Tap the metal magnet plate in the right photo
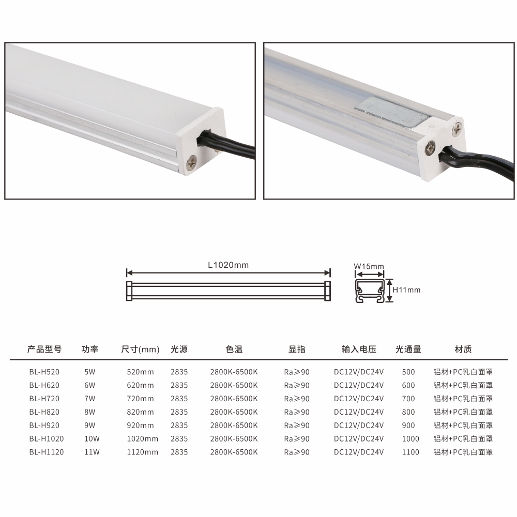392,113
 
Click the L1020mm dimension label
228,265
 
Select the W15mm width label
369,266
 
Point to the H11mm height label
406,290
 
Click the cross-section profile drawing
370,291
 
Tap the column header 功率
89,349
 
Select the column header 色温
234,349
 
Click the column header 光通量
408,349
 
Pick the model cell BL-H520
44,372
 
